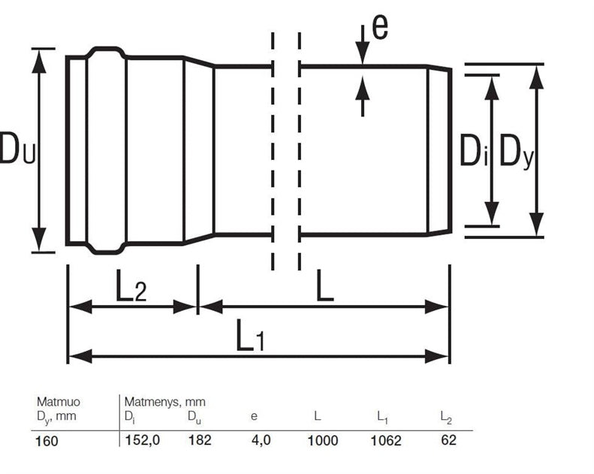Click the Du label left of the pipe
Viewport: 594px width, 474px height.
click(x=17, y=148)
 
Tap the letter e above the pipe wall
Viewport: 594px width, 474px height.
click(x=380, y=26)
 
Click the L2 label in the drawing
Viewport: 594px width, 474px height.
click(x=131, y=290)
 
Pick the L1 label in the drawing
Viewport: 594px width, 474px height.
click(x=250, y=335)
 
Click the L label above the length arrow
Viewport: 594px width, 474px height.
click(x=324, y=285)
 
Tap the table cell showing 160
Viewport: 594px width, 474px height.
click(x=47, y=441)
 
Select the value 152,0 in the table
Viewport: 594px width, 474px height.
click(x=143, y=440)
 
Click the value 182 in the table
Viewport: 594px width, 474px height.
click(x=200, y=440)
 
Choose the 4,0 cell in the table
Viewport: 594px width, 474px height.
click(x=261, y=440)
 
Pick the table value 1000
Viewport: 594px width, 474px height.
click(x=322, y=440)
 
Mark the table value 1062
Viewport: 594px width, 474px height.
click(x=385, y=440)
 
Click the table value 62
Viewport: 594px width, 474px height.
click(x=448, y=440)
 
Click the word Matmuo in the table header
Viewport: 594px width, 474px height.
click(x=59, y=402)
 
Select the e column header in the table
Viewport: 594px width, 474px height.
click(x=254, y=416)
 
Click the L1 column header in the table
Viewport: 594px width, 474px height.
click(x=382, y=417)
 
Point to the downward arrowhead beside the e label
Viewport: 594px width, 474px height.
click(x=363, y=53)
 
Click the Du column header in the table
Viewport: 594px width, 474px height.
click(x=194, y=417)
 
